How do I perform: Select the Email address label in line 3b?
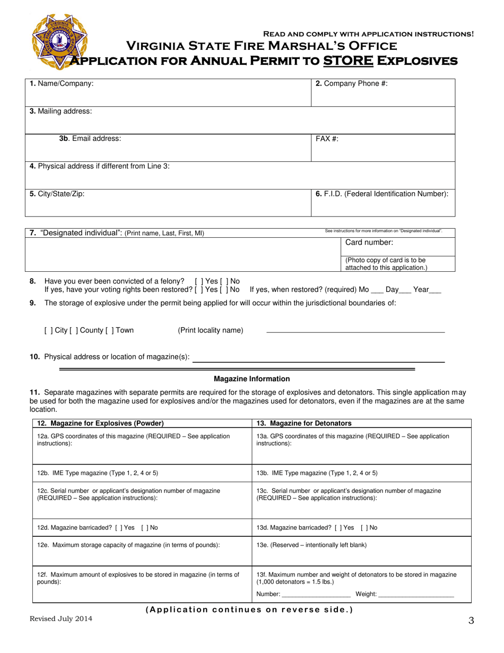90,139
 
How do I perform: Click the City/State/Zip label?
57,194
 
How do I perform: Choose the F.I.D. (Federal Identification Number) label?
382,194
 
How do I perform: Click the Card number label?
369,243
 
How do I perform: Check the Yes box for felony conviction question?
198,281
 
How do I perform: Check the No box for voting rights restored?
223,290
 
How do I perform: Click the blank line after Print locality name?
355,331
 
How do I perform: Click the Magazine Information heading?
251,379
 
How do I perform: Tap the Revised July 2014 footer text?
61,618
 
